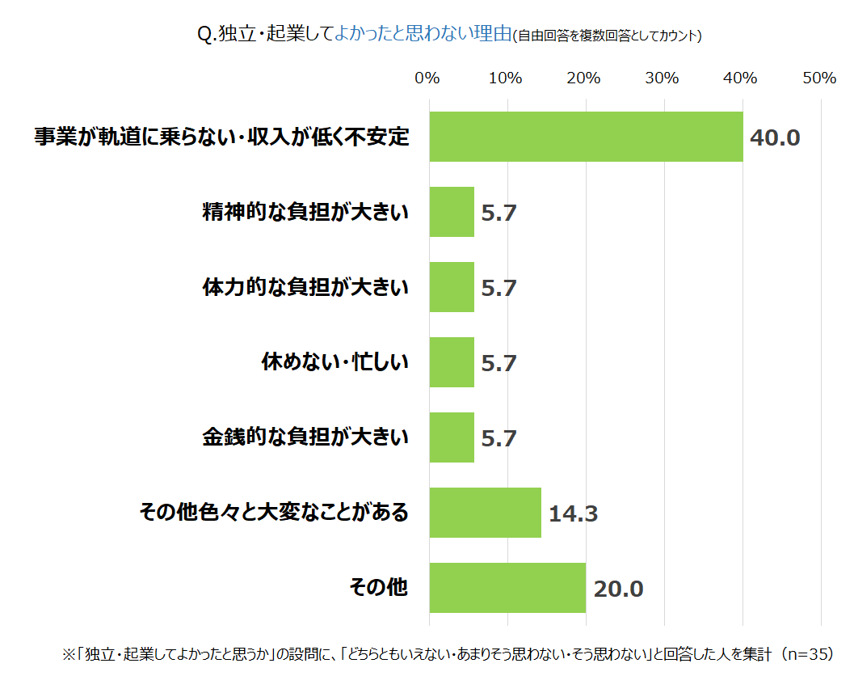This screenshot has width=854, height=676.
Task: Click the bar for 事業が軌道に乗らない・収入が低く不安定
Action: pos(586,137)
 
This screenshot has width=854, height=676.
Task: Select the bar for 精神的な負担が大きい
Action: pos(452,212)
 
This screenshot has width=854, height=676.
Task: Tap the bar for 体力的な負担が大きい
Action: pos(452,287)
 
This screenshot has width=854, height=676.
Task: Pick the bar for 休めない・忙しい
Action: pos(452,362)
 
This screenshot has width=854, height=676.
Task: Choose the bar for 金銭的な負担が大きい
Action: pos(452,437)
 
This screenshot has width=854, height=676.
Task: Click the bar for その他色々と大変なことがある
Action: pos(485,513)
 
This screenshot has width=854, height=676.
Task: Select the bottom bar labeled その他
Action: pos(507,588)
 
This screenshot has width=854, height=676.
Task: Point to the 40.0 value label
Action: pos(774,137)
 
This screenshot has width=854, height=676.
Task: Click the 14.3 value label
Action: pos(573,513)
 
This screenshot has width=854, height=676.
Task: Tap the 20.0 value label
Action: pos(618,589)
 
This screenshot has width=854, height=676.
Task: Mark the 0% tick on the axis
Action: pos(427,78)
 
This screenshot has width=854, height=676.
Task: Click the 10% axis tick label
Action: pos(505,78)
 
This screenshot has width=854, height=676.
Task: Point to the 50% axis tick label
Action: pos(819,78)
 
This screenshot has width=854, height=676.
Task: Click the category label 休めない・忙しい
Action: pos(334,362)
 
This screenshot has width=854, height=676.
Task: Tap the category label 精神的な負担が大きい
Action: pos(305,212)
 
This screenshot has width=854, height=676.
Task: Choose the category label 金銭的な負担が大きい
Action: pos(305,437)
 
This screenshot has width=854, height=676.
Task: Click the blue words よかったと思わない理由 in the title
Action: pos(423,34)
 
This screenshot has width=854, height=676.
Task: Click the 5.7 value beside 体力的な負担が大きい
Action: pos(499,288)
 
